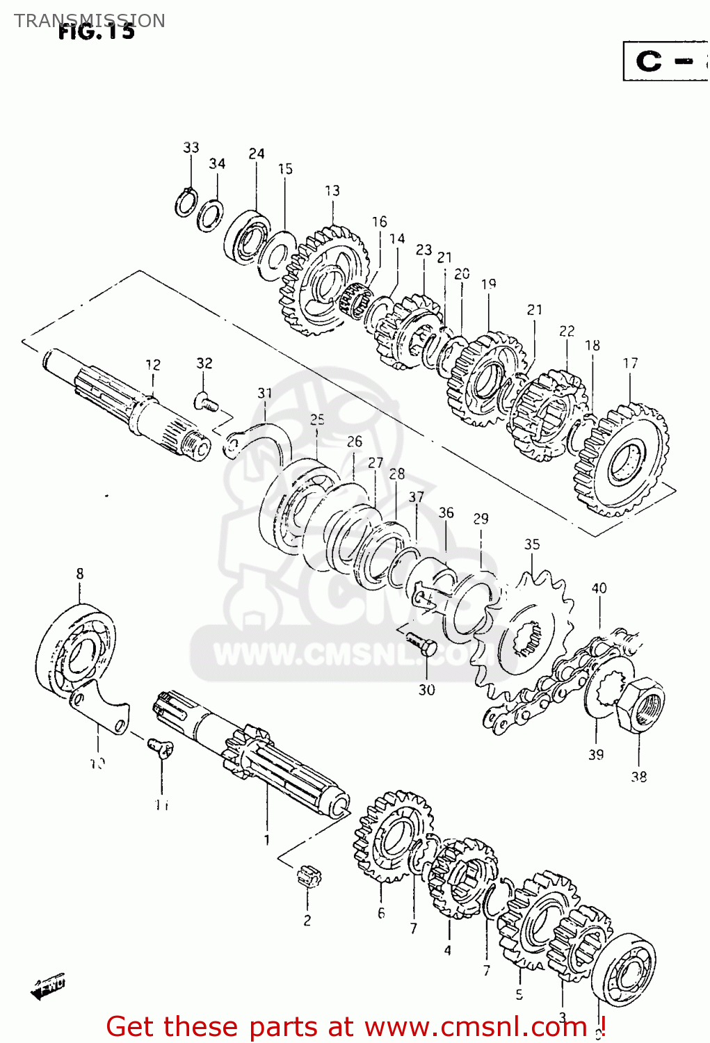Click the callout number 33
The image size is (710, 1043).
point(191,147)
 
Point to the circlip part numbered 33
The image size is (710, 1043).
point(185,202)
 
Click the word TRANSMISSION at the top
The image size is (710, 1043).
point(89,20)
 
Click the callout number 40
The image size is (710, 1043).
point(599,588)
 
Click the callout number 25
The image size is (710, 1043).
point(317,419)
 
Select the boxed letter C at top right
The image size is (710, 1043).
point(650,61)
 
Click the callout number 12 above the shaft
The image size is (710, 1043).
point(153,364)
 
